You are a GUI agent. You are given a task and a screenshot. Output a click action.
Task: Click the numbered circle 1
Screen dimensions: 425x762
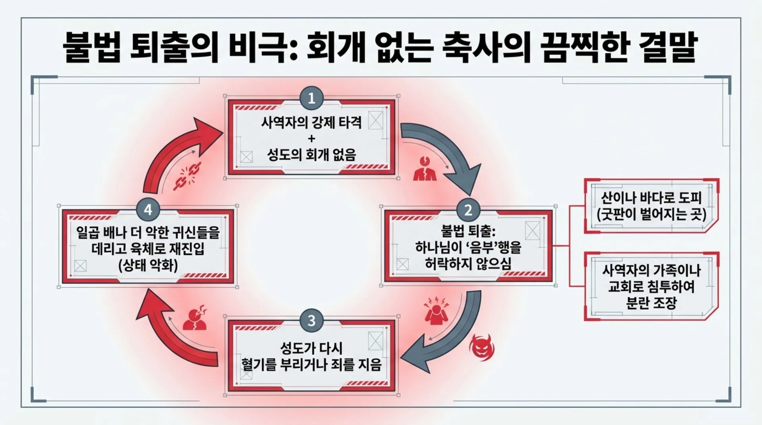(x=312, y=98)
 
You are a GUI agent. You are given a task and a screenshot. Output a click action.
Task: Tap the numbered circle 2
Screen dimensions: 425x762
(x=468, y=210)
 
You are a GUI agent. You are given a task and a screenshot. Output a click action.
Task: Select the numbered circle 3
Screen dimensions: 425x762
(x=312, y=320)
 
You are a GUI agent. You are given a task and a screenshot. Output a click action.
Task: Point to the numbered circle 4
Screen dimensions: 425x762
(x=148, y=209)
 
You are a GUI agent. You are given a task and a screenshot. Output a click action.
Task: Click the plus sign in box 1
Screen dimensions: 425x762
(x=312, y=138)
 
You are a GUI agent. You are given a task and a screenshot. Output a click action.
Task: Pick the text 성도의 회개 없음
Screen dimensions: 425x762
(x=312, y=154)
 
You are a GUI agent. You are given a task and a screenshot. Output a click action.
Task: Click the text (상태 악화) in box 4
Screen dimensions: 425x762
(x=148, y=265)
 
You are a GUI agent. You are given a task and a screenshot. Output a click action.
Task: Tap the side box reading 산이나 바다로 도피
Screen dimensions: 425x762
(x=651, y=206)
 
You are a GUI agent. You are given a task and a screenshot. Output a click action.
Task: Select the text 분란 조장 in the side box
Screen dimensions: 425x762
(x=651, y=304)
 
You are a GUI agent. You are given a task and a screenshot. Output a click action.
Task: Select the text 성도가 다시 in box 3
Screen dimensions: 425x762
(x=312, y=348)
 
